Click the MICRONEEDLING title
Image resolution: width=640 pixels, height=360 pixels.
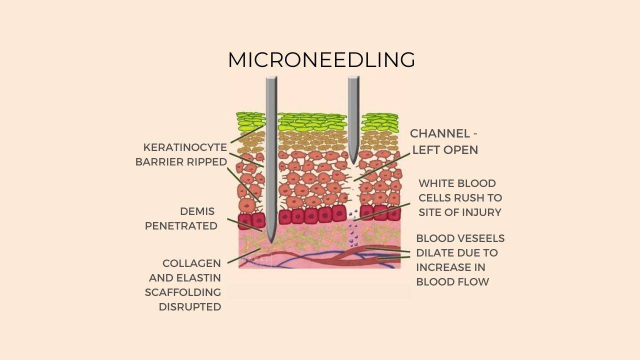(x=321, y=60)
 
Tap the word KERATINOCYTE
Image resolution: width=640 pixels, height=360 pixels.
(x=185, y=147)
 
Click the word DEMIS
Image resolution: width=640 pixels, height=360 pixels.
(x=197, y=211)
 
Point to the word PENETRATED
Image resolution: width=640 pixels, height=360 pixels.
(x=181, y=225)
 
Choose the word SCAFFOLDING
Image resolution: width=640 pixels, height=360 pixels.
(x=183, y=292)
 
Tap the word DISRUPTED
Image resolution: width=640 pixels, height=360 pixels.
(x=190, y=306)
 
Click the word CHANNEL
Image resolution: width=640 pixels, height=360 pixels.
(x=440, y=133)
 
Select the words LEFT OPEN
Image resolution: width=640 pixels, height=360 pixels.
(x=445, y=149)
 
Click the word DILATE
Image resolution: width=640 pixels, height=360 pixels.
(x=435, y=252)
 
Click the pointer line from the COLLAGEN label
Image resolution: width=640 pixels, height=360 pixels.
(x=244, y=255)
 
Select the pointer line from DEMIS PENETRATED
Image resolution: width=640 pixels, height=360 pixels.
(x=245, y=225)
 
